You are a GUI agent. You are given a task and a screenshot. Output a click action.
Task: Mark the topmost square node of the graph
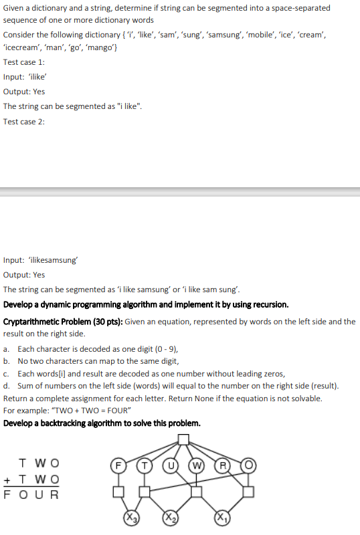[183, 439]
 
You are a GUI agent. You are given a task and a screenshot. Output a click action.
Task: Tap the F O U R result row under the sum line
[32, 495]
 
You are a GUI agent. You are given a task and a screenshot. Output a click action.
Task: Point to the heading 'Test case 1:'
[24, 62]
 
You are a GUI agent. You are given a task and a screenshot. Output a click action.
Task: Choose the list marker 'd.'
[6, 386]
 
